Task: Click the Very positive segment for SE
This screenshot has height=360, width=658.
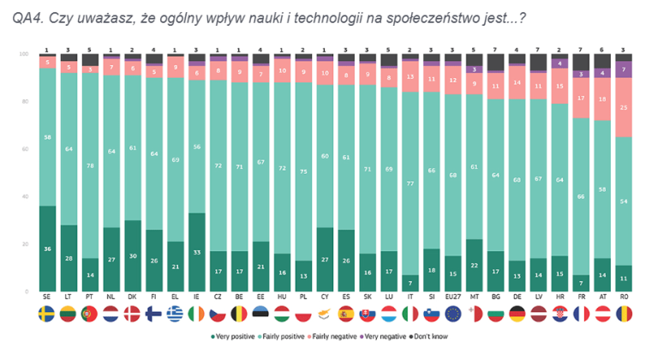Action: (47, 249)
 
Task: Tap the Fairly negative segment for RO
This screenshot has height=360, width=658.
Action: (625, 107)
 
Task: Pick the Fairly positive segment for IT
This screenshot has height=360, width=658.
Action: (410, 183)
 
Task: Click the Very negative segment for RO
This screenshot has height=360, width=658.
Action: (625, 69)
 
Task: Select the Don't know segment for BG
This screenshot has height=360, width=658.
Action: (496, 62)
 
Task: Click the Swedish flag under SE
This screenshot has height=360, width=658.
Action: (47, 313)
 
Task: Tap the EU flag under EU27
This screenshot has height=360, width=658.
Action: (453, 313)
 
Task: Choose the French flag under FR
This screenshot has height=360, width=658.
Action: (582, 313)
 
